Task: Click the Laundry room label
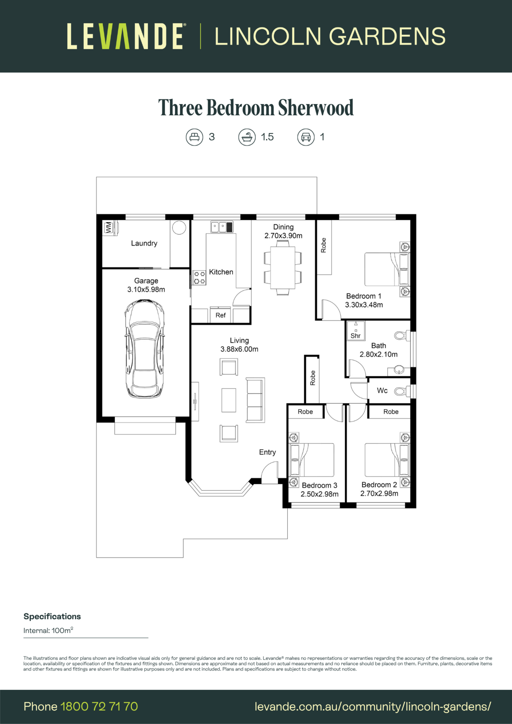coord(144,243)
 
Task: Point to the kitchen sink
coord(222,227)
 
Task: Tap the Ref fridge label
coord(221,315)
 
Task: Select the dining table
coord(283,268)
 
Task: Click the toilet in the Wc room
coord(402,391)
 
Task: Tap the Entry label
coord(267,452)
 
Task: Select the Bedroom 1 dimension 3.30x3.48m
coord(364,305)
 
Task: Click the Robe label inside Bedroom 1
coord(323,245)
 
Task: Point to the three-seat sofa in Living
coord(255,400)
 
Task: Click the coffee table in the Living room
coord(229,400)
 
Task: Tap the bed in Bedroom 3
coord(312,460)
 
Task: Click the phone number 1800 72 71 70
coord(99,706)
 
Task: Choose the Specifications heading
coord(52,617)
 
